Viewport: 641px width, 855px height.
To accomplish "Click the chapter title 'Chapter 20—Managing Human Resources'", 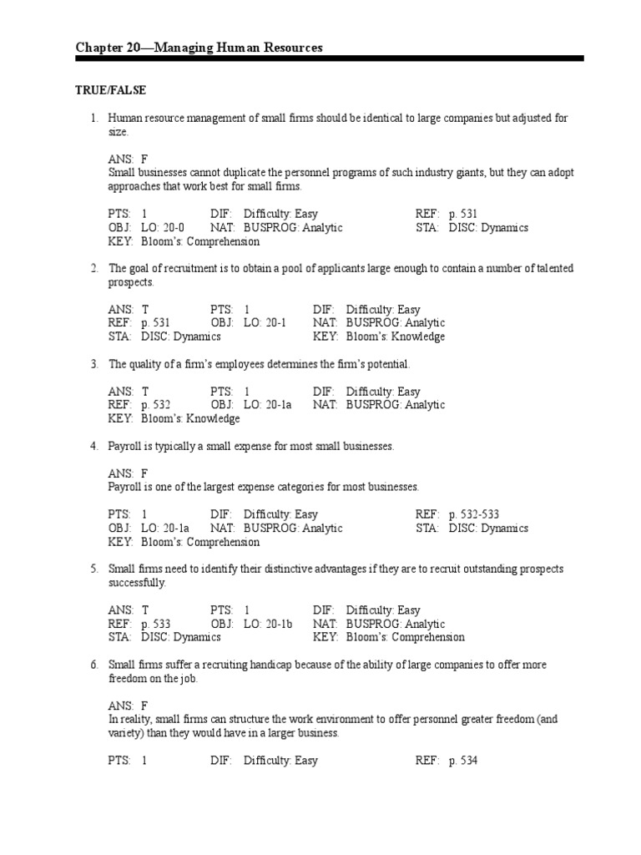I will click(x=199, y=48).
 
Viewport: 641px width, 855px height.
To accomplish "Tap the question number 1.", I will click(x=95, y=119).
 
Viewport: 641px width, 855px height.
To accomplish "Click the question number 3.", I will click(x=95, y=364).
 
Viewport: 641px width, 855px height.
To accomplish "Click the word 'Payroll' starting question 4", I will click(x=125, y=446).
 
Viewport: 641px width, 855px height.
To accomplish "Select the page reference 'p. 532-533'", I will click(x=474, y=514).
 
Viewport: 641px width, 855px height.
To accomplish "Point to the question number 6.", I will click(x=95, y=665).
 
